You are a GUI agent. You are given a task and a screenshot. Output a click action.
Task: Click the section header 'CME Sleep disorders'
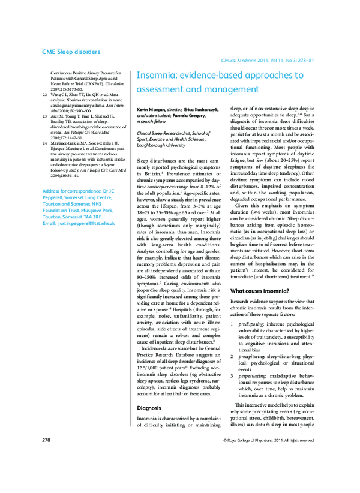[x=71, y=52]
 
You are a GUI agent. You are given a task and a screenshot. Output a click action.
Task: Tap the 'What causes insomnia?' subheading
[x=260, y=257]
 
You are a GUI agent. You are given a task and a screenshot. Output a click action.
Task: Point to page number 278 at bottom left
[x=46, y=441]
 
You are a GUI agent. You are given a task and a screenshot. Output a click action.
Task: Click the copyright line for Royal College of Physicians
[x=268, y=441]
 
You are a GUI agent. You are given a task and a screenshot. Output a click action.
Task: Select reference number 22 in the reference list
[x=46, y=95]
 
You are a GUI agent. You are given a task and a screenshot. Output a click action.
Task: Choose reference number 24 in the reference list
[x=46, y=145]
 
